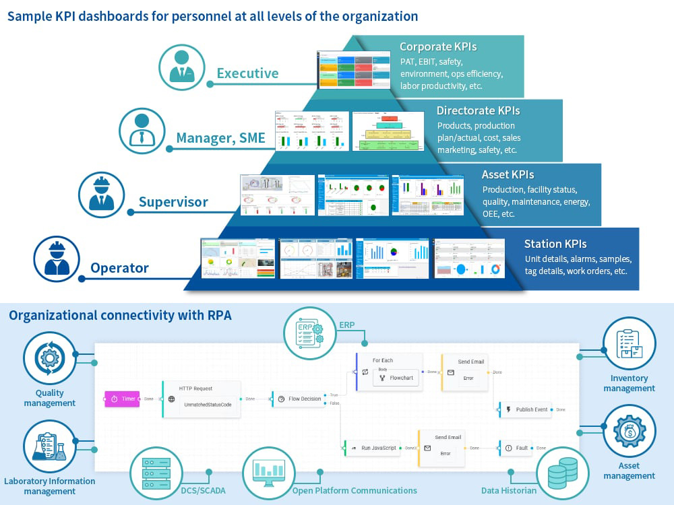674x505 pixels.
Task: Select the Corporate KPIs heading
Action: coord(438,47)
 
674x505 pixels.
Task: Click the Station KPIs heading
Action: coord(555,244)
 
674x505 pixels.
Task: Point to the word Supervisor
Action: coord(173,202)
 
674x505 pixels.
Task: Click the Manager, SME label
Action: coord(220,138)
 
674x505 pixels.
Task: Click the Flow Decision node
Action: coord(299,399)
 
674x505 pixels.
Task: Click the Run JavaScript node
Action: coord(371,447)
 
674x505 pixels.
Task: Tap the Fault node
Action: coord(515,447)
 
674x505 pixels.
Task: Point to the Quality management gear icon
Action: coord(49,358)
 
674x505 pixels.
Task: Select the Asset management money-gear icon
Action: coord(629,432)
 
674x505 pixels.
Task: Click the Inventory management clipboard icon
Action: coord(629,344)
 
